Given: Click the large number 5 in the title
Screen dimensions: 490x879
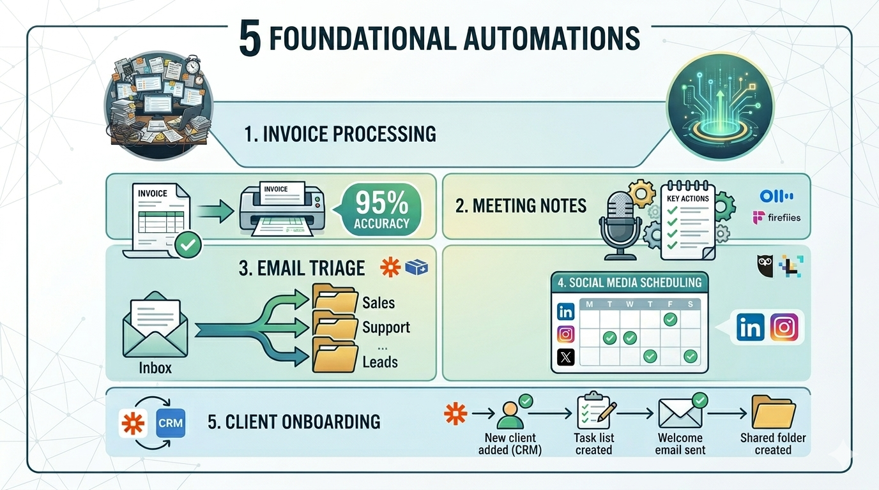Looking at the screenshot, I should tap(250, 39).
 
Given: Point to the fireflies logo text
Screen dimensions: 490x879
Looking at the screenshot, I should tap(783, 218).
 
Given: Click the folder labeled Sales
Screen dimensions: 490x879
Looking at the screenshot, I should tap(334, 301).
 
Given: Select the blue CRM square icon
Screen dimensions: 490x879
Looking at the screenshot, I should tap(171, 422).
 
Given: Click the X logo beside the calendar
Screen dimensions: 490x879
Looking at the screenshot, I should tap(566, 357).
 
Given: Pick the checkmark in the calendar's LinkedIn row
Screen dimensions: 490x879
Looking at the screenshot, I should tap(669, 319).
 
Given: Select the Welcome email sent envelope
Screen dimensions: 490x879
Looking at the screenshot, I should tap(680, 413).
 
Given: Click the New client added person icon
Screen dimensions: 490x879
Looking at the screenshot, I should tap(510, 414).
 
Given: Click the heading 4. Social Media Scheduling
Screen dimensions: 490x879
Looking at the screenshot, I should tap(629, 283).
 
